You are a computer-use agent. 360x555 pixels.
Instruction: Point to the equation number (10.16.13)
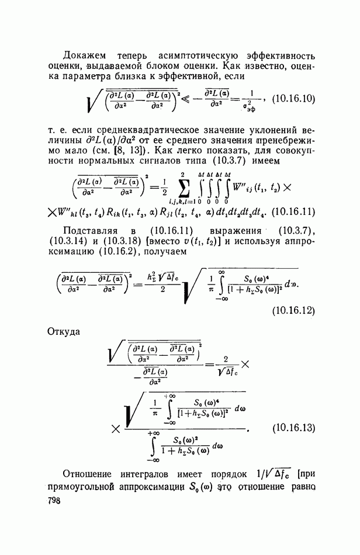coord(295,428)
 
